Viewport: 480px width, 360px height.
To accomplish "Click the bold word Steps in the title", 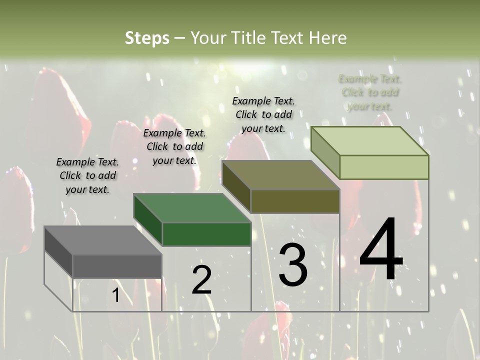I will point(147,38).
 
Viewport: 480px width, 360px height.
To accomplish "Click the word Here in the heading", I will point(327,38).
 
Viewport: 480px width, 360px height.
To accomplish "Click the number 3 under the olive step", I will point(292,264).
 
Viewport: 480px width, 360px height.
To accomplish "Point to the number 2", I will point(201,279).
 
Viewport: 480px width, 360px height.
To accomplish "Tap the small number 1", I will point(115,295).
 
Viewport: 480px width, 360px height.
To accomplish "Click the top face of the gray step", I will point(102,240).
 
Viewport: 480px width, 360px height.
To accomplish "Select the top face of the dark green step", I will point(192,208).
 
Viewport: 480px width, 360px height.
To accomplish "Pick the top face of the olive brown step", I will point(280,175).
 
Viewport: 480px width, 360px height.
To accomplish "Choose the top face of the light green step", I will point(370,141).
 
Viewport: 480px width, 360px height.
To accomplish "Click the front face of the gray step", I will point(117,266).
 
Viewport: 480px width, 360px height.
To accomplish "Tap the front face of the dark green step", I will point(206,234).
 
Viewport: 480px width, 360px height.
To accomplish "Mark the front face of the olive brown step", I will point(295,201).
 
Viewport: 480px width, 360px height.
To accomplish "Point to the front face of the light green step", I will point(384,167).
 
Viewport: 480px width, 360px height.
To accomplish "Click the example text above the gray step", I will point(87,175).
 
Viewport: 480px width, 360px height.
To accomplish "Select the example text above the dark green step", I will point(174,146).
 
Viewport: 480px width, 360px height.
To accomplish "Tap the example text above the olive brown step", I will point(263,114).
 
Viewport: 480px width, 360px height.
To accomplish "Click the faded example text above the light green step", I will point(370,92).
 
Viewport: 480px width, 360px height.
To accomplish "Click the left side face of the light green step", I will point(325,152).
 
